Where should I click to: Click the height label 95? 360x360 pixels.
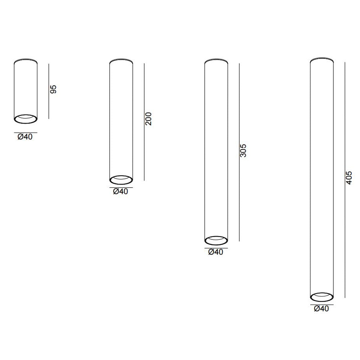[53, 89]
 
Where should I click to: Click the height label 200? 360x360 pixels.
[149, 119]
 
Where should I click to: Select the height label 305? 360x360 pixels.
[243, 150]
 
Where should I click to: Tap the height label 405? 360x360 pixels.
[349, 178]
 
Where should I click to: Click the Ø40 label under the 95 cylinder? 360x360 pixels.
[25, 137]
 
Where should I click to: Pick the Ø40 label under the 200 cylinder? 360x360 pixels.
[121, 192]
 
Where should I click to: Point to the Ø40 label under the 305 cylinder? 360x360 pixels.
[216, 252]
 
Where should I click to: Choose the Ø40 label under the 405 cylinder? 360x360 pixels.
[321, 309]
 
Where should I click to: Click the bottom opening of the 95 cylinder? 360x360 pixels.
[26, 123]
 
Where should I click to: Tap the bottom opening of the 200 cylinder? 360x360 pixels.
[121, 184]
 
